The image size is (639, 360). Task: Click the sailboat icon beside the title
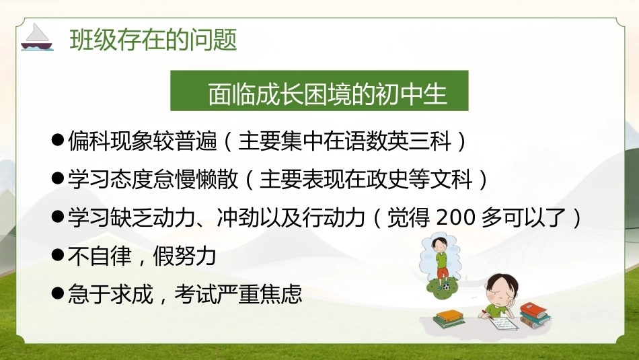(37, 37)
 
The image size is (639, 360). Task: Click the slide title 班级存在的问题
(153, 40)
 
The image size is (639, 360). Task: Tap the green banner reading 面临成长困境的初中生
(319, 91)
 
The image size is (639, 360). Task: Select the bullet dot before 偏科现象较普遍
(58, 140)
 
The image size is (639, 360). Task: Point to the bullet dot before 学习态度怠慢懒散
(58, 178)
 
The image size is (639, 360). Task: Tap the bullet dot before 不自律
(58, 255)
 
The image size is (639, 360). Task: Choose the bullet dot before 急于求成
(58, 293)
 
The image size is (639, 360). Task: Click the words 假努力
(184, 256)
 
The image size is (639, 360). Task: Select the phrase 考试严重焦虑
(238, 294)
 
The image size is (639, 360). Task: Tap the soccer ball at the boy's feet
(447, 286)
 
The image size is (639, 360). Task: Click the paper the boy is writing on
(504, 323)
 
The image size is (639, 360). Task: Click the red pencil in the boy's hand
(485, 314)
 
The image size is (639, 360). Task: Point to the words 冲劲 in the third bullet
(238, 218)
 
